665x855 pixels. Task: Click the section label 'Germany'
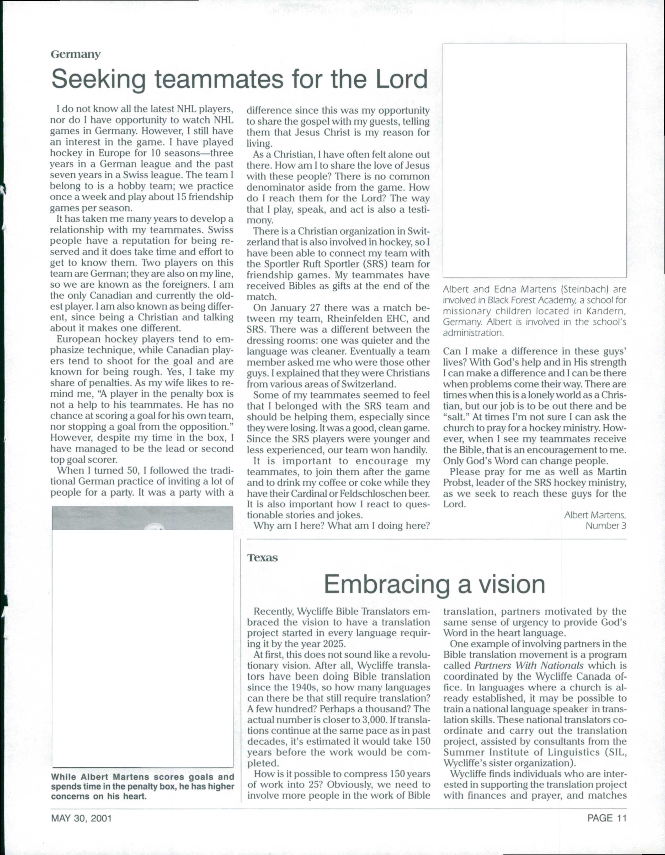[x=76, y=55]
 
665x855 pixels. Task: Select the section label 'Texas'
[x=262, y=558]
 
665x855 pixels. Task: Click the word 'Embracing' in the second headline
[x=386, y=584]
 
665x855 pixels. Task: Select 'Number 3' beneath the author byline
[x=605, y=526]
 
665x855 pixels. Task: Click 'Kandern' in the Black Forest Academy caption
[x=606, y=311]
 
